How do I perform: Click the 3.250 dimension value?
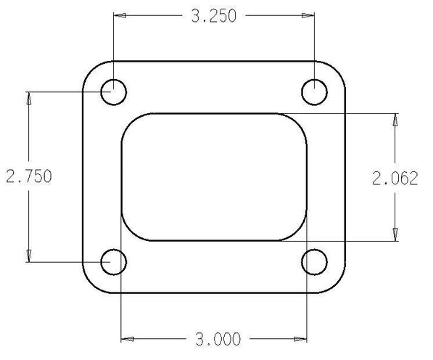pyautogui.click(x=214, y=16)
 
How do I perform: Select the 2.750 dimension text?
pyautogui.click(x=29, y=176)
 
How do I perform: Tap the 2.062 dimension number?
pyautogui.click(x=395, y=179)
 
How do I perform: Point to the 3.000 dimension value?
pyautogui.click(x=218, y=339)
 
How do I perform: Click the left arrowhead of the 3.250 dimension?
pyautogui.click(x=120, y=15)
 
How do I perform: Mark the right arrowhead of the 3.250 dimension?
pyautogui.click(x=308, y=15)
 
